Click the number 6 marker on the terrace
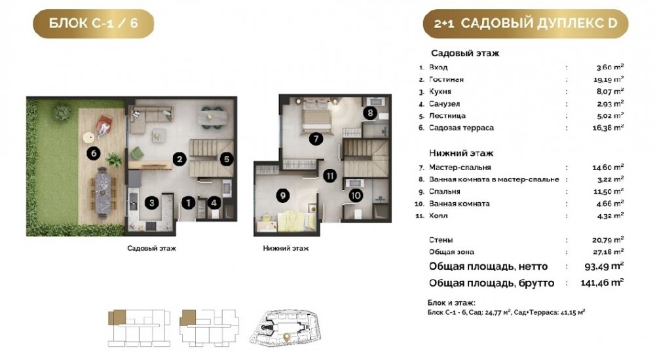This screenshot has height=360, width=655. [94, 153]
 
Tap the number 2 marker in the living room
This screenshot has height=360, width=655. [179, 158]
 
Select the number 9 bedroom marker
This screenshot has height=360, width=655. [283, 195]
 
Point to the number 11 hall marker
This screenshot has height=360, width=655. [330, 175]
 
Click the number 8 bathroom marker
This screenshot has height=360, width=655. [370, 113]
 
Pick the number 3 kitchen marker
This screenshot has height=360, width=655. [152, 203]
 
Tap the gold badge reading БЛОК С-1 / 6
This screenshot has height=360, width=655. [94, 24]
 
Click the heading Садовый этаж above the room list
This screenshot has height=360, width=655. [465, 53]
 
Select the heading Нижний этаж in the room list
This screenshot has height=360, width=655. [461, 153]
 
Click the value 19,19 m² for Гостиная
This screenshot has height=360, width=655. [610, 79]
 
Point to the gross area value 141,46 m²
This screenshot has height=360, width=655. [602, 283]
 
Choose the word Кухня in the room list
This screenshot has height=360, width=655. [440, 92]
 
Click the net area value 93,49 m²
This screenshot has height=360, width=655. [604, 266]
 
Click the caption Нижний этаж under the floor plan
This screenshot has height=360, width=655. [286, 248]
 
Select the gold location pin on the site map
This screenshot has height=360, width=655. [287, 336]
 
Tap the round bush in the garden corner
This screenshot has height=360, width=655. [62, 111]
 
